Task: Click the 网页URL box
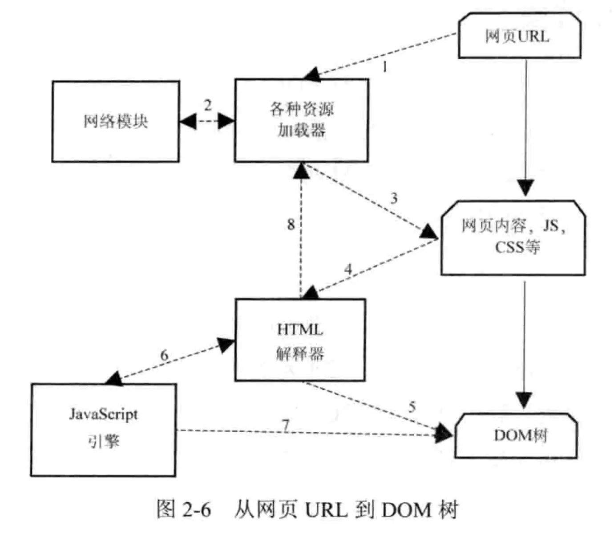pos(519,36)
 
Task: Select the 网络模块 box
pos(116,121)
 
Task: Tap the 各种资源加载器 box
pos(301,120)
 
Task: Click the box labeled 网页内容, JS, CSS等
pos(513,238)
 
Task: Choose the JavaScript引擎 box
pos(103,430)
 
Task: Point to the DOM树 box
pos(516,435)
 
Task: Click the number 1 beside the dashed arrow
pos(385,67)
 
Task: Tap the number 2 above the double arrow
pos(208,105)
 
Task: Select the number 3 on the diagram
pos(394,198)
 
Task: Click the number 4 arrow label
pos(348,269)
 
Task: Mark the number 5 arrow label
pos(412,406)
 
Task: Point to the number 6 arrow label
pos(164,355)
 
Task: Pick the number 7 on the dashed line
pos(286,425)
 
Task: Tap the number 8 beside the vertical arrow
pos(291,224)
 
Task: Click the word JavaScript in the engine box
pos(103,414)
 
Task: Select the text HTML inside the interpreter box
pos(300,330)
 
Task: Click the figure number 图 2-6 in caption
pos(183,509)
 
